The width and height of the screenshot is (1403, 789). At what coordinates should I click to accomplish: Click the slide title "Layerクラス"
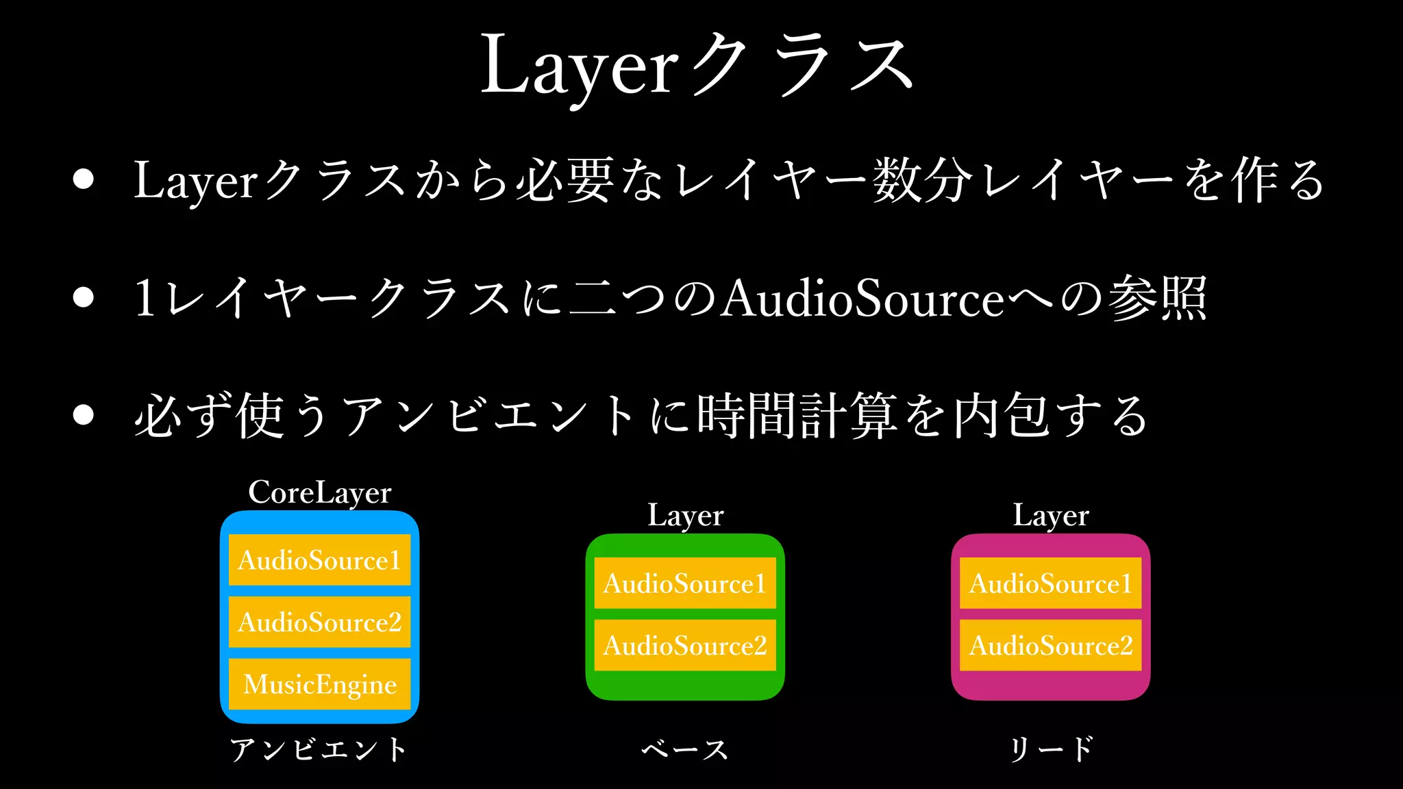point(697,66)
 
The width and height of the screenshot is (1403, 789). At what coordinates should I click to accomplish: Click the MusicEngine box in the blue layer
point(319,684)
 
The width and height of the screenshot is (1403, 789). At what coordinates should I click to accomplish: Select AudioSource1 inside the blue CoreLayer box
point(319,560)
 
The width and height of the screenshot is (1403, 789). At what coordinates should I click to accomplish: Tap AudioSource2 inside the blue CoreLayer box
point(319,622)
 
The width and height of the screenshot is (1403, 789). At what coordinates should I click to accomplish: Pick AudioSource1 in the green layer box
point(684,584)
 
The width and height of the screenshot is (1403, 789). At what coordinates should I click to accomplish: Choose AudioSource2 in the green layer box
point(684,645)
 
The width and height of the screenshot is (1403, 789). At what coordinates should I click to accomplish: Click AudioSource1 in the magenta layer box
point(1050,584)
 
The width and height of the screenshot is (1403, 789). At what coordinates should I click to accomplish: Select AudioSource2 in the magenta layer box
point(1050,645)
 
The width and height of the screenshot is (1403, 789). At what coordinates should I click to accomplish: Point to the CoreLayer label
point(319,492)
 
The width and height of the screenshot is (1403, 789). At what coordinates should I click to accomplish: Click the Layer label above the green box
point(685,516)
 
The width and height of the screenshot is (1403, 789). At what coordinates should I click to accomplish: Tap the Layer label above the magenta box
point(1051,516)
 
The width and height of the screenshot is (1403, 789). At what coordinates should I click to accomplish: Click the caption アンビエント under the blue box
point(319,749)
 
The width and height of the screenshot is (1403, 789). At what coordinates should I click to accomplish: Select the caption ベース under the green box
point(685,749)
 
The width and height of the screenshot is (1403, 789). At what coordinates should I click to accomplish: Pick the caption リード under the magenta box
point(1051,749)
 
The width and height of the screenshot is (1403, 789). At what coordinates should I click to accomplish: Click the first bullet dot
point(84,179)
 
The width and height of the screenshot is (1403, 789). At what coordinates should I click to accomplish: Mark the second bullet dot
point(84,297)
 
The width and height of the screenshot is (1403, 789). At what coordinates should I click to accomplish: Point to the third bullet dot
point(84,415)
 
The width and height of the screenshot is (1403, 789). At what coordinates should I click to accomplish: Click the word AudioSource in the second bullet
point(863,299)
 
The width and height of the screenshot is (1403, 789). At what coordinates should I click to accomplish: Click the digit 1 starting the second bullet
point(145,299)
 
